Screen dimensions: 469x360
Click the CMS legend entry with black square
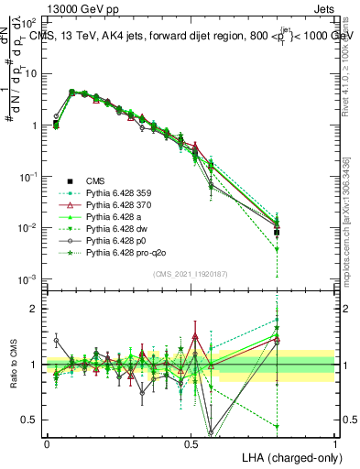click(x=98, y=180)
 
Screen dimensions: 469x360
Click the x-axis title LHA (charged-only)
click(x=285, y=456)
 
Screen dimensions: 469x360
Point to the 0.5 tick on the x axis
click(x=191, y=442)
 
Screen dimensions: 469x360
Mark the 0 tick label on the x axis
click(x=48, y=442)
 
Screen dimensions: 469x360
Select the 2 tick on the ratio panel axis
click(x=36, y=309)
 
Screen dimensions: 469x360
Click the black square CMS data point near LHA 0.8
click(x=277, y=233)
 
